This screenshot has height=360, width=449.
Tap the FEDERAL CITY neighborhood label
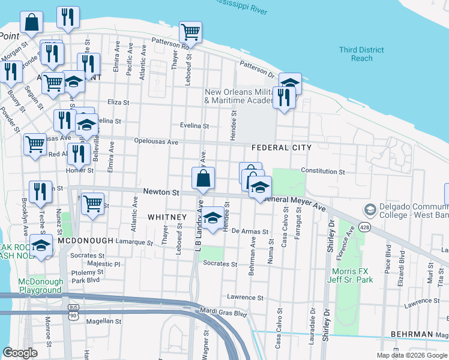[282, 147]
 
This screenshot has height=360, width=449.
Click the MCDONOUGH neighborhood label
[86, 240]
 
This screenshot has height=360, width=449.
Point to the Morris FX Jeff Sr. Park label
[349, 275]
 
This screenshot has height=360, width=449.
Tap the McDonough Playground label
[40, 286]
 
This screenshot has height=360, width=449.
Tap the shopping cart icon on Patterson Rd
[190, 31]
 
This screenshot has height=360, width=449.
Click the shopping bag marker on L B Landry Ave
[203, 178]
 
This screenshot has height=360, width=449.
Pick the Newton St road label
[161, 193]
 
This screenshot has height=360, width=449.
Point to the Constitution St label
[323, 171]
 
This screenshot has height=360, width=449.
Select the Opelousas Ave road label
[155, 142]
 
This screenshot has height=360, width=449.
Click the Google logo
[20, 353]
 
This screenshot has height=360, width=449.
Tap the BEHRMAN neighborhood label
[412, 334]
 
